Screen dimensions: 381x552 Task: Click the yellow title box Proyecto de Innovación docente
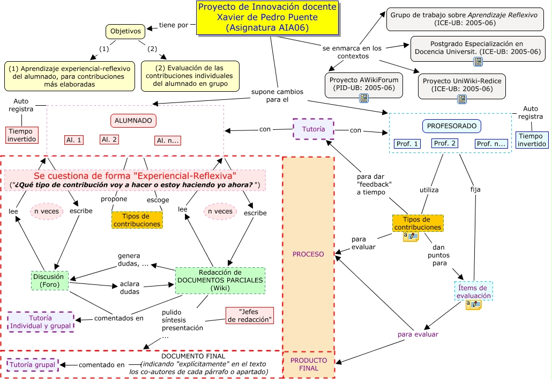[267, 18]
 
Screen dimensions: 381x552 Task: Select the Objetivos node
[125, 32]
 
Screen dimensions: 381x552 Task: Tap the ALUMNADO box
[133, 121]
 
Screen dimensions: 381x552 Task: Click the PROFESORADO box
[451, 126]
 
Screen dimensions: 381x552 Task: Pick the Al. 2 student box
[109, 140]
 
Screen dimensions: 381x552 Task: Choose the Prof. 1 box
[407, 144]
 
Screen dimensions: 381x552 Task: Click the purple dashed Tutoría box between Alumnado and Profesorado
[313, 129]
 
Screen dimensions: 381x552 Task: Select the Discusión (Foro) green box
[49, 281]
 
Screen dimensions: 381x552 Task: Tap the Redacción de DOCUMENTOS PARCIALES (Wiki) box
[220, 280]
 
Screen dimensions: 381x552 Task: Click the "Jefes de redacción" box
[249, 316]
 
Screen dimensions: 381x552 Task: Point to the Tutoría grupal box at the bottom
[32, 365]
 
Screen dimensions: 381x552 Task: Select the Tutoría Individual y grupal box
[41, 321]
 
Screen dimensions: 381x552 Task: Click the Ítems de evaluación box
[473, 291]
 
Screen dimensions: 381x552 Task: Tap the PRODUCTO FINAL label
[308, 364]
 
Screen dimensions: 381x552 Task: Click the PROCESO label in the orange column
[308, 254]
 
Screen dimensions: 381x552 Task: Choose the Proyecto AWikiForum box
[363, 84]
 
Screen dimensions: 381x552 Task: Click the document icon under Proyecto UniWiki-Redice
[461, 99]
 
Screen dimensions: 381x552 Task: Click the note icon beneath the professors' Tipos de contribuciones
[411, 236]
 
